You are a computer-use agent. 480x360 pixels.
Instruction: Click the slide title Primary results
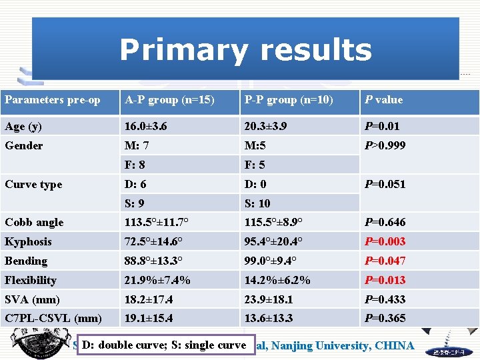[245, 51]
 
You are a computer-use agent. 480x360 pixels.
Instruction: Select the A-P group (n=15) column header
[169, 100]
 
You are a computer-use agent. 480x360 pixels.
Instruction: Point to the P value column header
[383, 100]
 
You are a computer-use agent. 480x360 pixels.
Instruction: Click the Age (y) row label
[23, 126]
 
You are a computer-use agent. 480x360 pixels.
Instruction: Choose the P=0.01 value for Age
[381, 126]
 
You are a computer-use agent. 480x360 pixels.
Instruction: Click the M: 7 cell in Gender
[137, 145]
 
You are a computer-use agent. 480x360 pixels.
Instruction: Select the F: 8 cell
[135, 165]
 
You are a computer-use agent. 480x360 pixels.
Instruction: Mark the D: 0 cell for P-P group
[256, 184]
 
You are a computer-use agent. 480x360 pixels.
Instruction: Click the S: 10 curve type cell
[258, 203]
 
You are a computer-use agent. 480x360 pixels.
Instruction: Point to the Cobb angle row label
[34, 223]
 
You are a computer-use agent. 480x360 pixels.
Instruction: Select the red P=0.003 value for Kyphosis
[385, 241]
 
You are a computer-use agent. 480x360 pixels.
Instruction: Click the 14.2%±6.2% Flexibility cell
[277, 280]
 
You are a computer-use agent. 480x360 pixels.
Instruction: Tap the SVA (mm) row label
[32, 299]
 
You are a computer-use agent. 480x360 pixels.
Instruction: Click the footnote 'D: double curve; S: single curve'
[164, 345]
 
